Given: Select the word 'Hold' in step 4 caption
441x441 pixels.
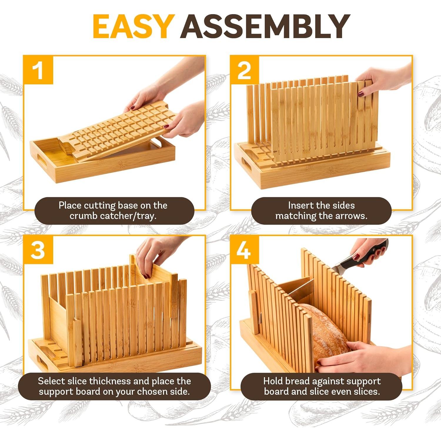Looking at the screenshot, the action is click(273, 381).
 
